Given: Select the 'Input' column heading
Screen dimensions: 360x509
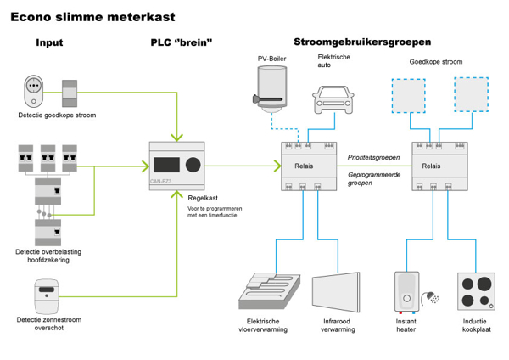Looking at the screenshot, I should click(48, 42).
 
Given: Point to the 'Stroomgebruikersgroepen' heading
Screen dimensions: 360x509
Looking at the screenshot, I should click(361, 42).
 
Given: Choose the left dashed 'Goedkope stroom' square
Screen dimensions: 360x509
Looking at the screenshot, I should click(407, 94).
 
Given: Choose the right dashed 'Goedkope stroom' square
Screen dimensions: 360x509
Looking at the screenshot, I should click(471, 94).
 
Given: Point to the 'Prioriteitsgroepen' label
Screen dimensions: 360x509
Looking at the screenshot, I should click(373, 157).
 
